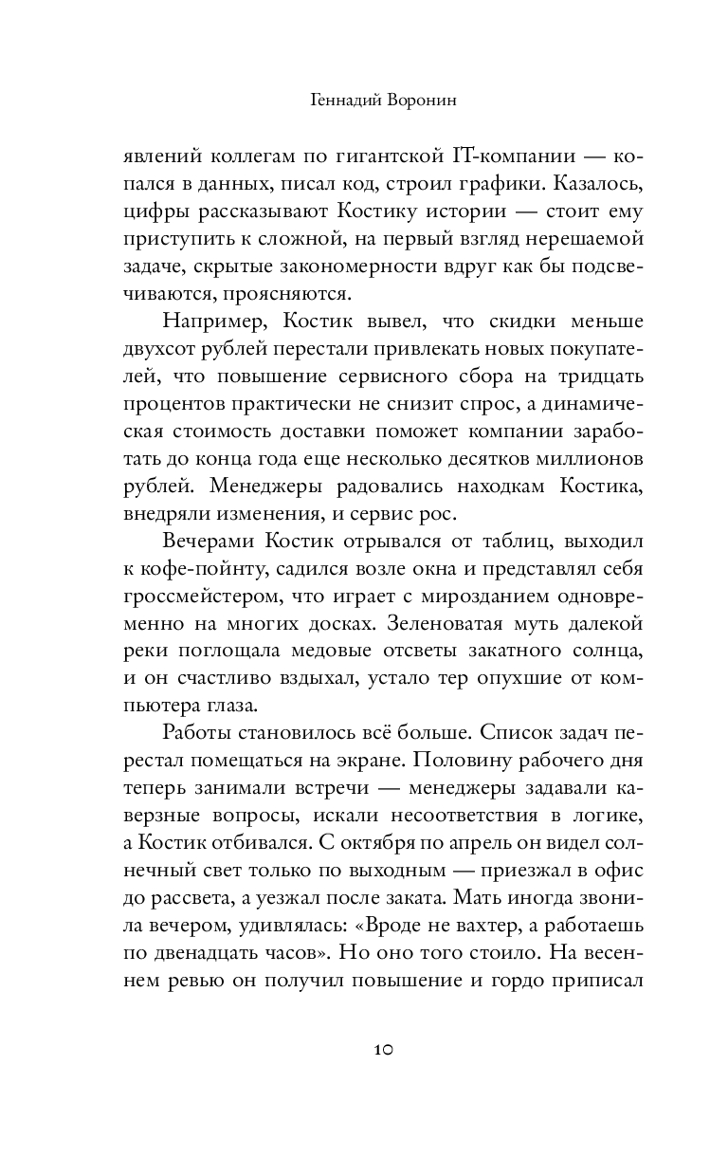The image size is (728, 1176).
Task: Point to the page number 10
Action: [x=382, y=1050]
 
